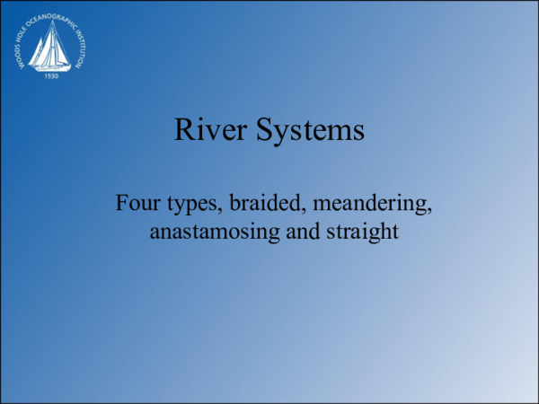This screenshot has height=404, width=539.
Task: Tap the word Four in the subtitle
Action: click(137, 203)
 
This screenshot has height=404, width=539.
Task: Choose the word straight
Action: click(361, 232)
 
